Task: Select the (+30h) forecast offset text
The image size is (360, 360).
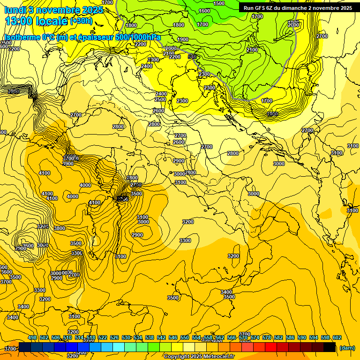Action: (81, 21)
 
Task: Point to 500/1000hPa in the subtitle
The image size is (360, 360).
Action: (140, 37)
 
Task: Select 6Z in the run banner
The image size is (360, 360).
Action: (275, 8)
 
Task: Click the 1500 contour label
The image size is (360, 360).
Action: (219, 3)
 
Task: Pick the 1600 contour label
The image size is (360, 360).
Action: (204, 11)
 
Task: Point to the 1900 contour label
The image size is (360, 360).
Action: (183, 40)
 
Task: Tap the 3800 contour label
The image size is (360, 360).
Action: (60, 228)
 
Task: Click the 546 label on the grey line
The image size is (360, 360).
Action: (192, 56)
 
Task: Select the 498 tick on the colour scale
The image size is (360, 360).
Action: (32, 337)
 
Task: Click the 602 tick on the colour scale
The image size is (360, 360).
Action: (337, 337)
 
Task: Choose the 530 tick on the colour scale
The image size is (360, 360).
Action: (126, 337)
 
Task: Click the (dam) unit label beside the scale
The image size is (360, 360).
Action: (347, 348)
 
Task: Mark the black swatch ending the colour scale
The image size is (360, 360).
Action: (330, 347)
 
